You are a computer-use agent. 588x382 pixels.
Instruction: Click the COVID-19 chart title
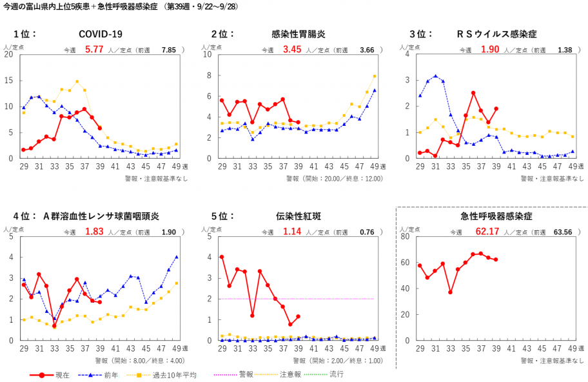point(100,34)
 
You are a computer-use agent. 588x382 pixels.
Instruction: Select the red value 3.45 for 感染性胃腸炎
point(292,49)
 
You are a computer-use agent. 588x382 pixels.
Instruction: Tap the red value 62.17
point(487,230)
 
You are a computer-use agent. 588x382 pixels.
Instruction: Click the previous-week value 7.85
point(169,50)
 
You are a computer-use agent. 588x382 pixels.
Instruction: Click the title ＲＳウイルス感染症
point(496,34)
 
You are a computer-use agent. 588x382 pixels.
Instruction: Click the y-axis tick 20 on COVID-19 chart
point(8,54)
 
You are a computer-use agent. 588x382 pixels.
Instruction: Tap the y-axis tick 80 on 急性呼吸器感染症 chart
point(406,236)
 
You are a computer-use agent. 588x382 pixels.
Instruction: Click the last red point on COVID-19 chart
point(100,128)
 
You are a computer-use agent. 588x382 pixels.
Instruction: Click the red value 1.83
point(94,231)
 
